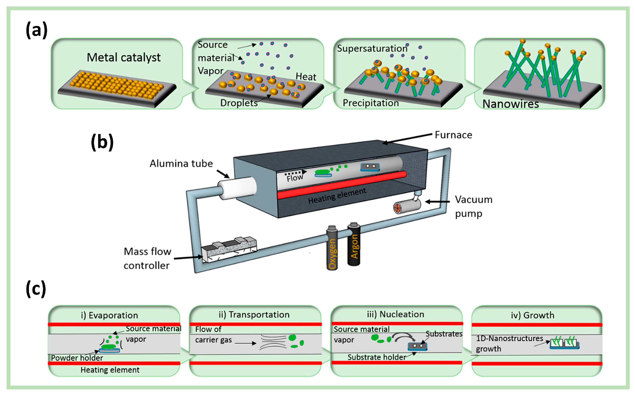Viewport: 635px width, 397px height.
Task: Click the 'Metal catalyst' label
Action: point(123,57)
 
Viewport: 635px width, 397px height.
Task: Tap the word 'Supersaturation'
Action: point(372,49)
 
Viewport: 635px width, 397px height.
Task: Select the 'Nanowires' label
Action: point(510,104)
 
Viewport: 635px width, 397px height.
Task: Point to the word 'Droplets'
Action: point(239,103)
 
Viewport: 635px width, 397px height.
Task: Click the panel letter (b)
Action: point(102,142)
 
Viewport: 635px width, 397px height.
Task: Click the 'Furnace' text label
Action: point(453,135)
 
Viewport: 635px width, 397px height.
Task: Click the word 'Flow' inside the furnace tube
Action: point(295,178)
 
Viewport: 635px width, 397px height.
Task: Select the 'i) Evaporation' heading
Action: point(109,315)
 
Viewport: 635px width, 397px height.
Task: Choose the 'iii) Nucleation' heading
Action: point(395,314)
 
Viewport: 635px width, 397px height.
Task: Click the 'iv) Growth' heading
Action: point(532,315)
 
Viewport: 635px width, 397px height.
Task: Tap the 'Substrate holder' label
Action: point(376,357)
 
